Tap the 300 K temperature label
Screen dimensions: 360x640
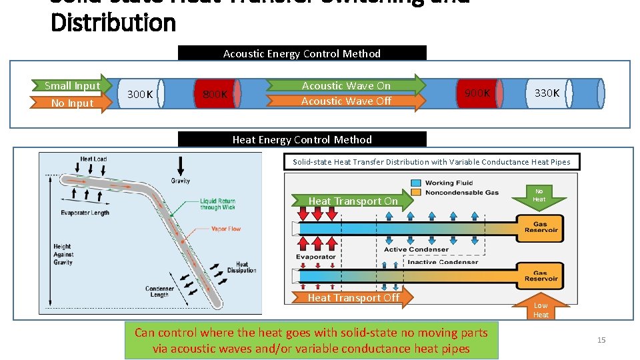[x=140, y=94]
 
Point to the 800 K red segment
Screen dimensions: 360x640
[x=215, y=94]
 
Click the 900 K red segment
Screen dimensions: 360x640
[x=477, y=93]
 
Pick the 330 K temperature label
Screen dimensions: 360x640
[x=547, y=93]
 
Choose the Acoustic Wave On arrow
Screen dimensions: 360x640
[x=346, y=85]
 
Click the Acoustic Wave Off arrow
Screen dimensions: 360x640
[x=346, y=101]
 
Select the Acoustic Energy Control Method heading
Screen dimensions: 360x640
[x=302, y=53]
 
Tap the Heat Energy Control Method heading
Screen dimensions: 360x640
[x=302, y=139]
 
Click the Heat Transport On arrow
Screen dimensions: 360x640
[x=353, y=201]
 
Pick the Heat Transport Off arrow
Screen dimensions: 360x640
[x=353, y=297]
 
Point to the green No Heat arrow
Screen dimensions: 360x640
[x=539, y=195]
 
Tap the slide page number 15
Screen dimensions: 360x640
[x=601, y=340]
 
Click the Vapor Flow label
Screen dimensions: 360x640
[x=226, y=229]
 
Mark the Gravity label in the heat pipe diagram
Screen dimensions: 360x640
[x=180, y=180]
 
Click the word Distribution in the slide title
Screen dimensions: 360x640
[x=113, y=23]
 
